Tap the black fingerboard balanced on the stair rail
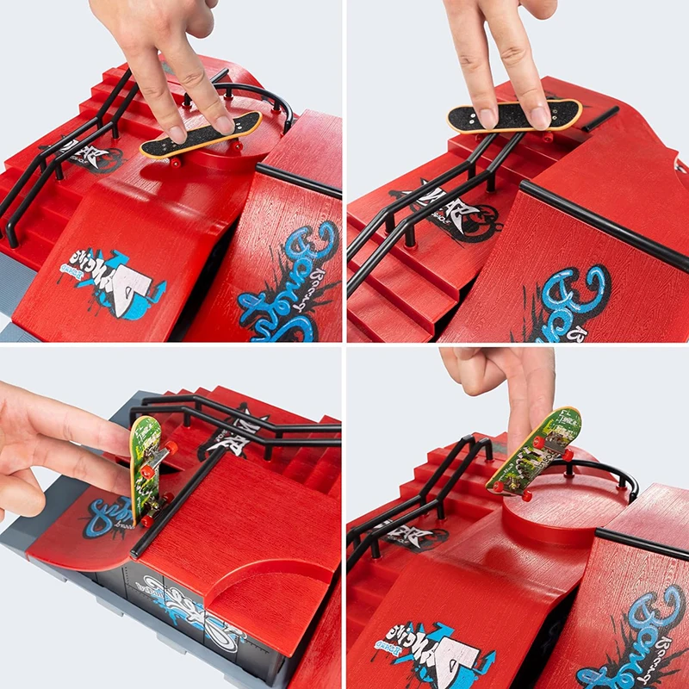point(514,116)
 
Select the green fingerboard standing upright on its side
point(146,469)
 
